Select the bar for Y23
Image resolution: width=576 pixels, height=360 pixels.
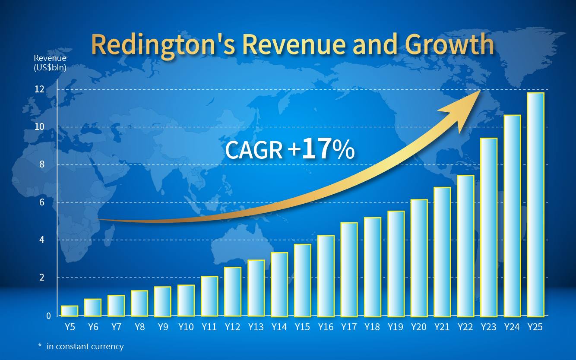tap(489, 227)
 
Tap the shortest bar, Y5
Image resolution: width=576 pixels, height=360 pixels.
tap(70, 311)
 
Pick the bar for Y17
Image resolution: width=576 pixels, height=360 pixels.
tap(349, 269)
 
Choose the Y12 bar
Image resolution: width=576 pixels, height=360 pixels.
tap(233, 292)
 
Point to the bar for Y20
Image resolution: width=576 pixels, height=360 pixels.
tap(419, 258)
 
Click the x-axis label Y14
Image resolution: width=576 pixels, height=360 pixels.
tap(279, 327)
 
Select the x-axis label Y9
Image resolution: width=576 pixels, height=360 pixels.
tap(163, 327)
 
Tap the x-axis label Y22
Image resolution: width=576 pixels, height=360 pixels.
tap(465, 327)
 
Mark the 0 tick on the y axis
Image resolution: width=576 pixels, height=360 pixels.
tap(48, 316)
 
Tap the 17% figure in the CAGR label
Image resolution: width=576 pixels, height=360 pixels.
tap(328, 149)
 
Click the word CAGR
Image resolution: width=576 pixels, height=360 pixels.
tap(253, 150)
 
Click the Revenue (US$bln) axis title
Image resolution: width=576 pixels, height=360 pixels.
tap(50, 63)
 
